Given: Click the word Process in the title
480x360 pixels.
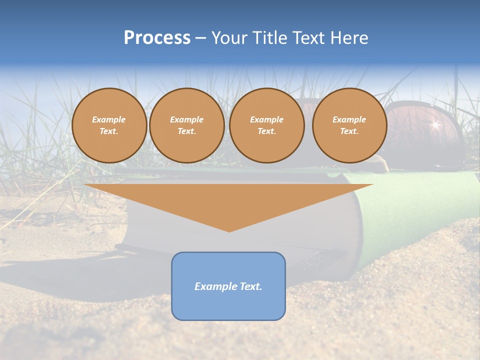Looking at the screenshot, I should [157, 38].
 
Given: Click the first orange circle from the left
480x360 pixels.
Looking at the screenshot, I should [109, 125].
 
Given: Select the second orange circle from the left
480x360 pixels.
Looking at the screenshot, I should [186, 125].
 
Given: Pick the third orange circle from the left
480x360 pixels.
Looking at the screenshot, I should [266, 125].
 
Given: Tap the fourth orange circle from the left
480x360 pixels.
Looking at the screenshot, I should [349, 125].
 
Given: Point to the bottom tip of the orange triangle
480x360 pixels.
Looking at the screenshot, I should [229, 231].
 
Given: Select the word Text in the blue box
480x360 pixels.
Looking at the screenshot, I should [249, 286].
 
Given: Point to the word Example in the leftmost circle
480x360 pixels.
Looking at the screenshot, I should [109, 120].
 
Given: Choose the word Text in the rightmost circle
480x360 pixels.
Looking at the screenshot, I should [349, 131].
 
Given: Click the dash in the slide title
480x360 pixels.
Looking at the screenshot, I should [200, 38].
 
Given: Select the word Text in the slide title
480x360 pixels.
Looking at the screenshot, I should [309, 38].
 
